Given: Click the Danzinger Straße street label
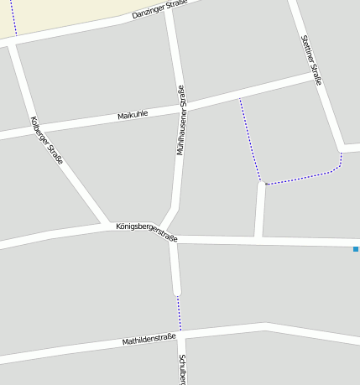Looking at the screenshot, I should pos(159,9).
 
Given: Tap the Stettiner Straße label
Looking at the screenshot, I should pos(311,60).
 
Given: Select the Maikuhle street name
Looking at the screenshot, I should pos(133,114).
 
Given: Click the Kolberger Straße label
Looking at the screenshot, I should pos(46,139).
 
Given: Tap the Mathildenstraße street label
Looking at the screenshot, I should pos(149,340).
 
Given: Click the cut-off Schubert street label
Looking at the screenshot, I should pos(182,370).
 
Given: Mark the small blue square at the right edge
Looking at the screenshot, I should pos(356,249).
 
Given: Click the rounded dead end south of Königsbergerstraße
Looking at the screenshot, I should pos(176,291).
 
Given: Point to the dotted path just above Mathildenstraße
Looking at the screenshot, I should pos(178,312).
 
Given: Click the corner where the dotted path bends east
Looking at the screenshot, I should pos(262,181).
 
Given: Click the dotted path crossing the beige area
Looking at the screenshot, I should pos(13,17).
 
